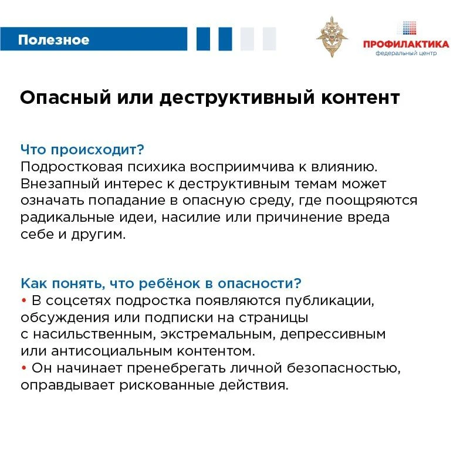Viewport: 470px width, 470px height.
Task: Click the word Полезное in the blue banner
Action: coord(53,40)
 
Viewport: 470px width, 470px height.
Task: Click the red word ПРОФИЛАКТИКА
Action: coord(405,44)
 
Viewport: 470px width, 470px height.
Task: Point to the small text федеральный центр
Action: coord(405,53)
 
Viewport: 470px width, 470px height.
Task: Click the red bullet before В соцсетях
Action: coord(24,301)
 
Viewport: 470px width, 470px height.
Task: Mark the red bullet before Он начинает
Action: coord(24,369)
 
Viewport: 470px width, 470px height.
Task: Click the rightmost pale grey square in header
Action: coord(269,39)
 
